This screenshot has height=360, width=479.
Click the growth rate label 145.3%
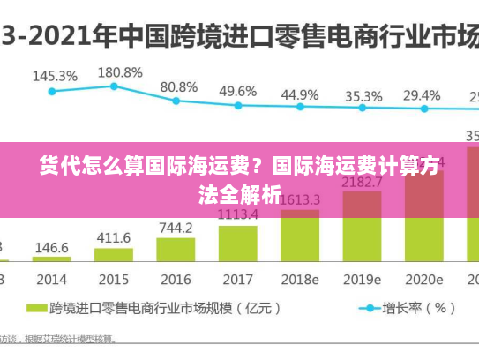coord(55,77)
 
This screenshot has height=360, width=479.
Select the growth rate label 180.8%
coord(120,72)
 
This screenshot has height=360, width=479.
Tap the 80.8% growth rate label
coord(179,86)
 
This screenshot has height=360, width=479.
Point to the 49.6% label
coord(237,91)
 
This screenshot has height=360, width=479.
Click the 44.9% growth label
coord(299,94)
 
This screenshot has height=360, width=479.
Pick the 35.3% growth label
coord(363,95)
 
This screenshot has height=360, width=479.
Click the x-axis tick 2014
coord(51,279)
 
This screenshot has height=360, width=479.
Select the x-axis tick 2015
coord(113,279)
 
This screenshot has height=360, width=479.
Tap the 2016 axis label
coord(176,279)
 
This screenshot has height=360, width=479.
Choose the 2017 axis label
coord(237,279)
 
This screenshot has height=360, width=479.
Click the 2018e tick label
coord(300,279)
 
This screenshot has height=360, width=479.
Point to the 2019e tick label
coord(363,279)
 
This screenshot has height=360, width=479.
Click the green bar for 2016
coord(176,250)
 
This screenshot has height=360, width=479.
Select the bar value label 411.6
coord(114,238)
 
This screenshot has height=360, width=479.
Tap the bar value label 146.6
coord(52,248)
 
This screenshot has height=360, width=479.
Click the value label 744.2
coord(176,228)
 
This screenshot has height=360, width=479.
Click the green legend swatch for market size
coord(36,309)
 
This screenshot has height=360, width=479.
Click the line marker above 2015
coord(114,86)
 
